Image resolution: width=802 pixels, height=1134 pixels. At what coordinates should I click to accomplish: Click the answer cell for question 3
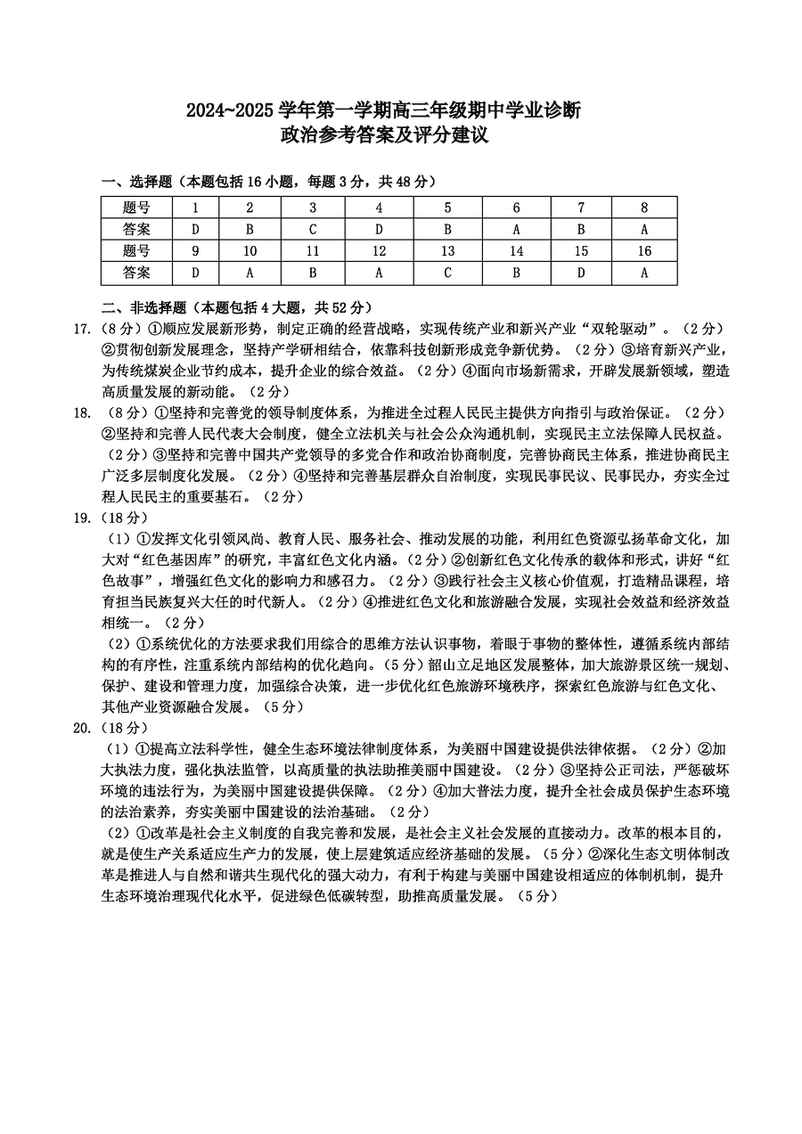pos(313,229)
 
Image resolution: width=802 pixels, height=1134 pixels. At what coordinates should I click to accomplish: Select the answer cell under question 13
pos(447,273)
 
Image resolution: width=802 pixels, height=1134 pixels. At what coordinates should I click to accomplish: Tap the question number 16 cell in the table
pos(644,251)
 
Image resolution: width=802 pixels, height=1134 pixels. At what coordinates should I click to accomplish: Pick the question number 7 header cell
pos(581,208)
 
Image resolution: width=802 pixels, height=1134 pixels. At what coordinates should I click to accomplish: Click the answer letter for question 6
pos(516,229)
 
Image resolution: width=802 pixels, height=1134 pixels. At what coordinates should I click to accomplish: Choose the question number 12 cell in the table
pos(379,251)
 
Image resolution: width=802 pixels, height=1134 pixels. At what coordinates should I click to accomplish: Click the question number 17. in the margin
pos(82,330)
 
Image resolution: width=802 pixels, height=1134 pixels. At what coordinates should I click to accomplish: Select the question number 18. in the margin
pos(82,412)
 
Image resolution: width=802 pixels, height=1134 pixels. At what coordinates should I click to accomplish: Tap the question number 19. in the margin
pos(82,517)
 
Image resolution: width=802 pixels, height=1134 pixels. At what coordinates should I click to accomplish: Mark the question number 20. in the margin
pos(82,728)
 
